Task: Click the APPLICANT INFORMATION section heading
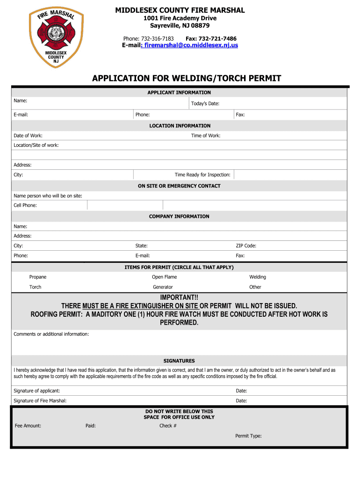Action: tap(179, 93)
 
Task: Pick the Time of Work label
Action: tap(206, 136)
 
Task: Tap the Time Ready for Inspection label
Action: tap(202, 174)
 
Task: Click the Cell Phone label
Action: tap(25, 205)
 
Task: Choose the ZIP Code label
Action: tap(246, 246)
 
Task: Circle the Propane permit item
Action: tap(38, 277)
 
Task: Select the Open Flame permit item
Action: tap(164, 277)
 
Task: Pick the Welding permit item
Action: tap(258, 277)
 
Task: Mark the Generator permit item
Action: tap(163, 287)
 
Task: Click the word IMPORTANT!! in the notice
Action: tap(179, 298)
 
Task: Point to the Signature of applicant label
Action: tap(36, 391)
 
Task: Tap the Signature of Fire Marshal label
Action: tap(40, 401)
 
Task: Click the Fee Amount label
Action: tap(28, 426)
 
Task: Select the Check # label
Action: tap(168, 426)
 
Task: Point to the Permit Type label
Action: tap(248, 436)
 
